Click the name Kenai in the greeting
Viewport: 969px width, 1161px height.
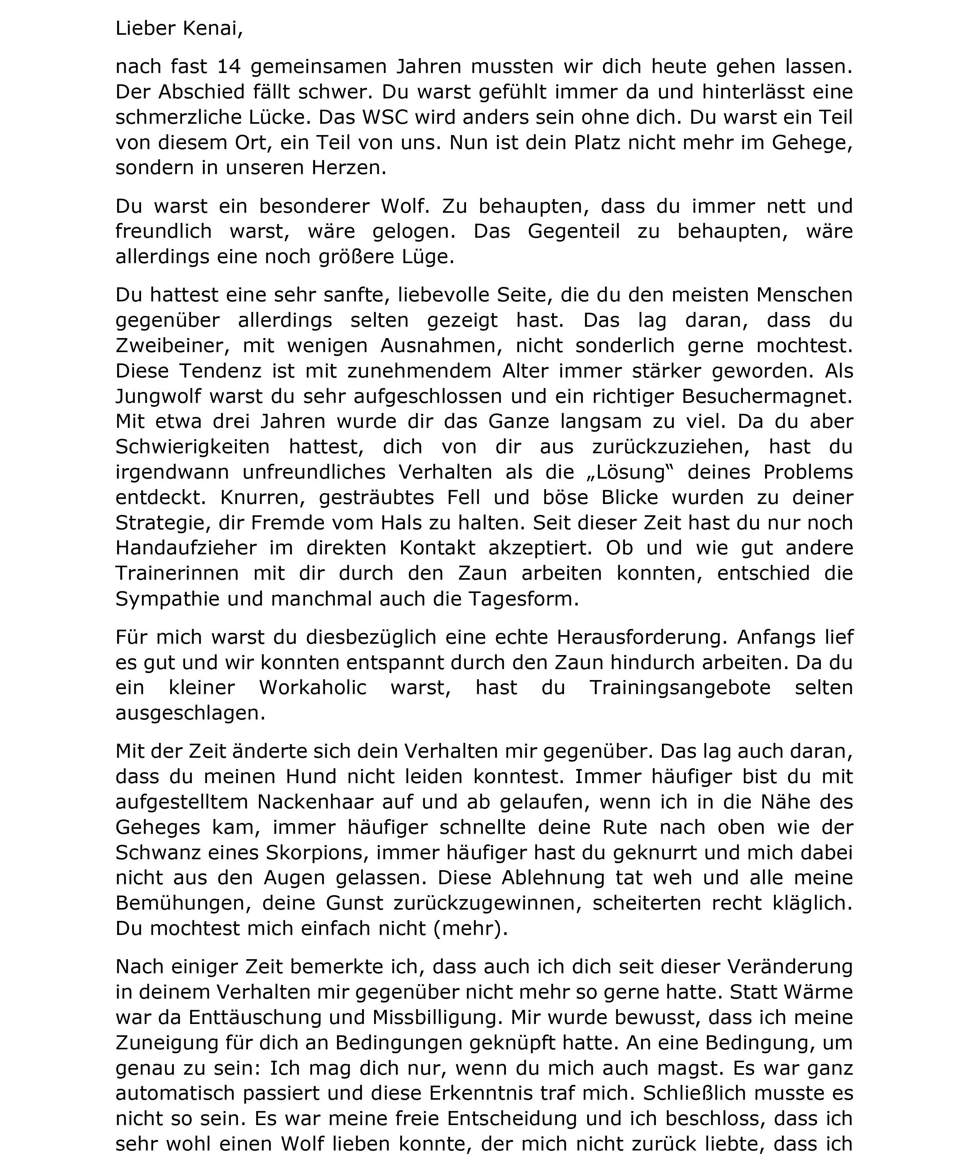[x=212, y=28]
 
